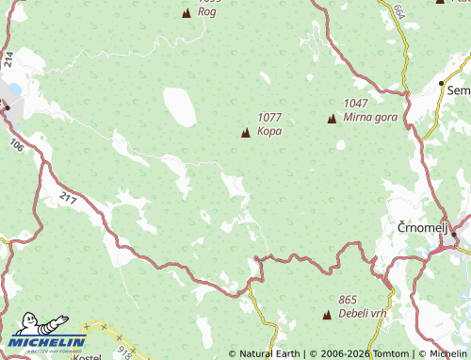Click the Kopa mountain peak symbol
[x=246, y=132]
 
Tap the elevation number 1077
[x=269, y=118]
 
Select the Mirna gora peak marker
[x=332, y=118]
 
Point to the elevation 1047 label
[x=356, y=104]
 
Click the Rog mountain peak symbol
[x=186, y=13]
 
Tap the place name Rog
[x=206, y=13]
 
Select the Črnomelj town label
[x=416, y=227]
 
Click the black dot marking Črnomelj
[x=453, y=233]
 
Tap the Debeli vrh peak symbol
[x=327, y=314]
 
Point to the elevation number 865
[x=349, y=300]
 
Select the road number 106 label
[x=17, y=145]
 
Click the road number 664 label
[x=399, y=11]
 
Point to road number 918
[x=123, y=351]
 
